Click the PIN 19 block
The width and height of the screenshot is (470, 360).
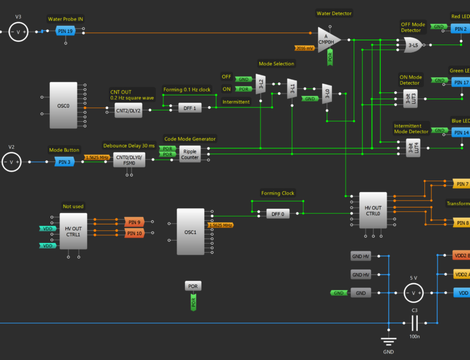(65, 31)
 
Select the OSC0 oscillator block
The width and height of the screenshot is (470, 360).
(63, 105)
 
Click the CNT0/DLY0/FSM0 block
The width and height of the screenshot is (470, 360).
(129, 161)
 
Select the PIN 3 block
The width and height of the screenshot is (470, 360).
(64, 161)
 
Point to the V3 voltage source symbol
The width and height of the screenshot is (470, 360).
(18, 31)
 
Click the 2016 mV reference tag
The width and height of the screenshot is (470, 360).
(304, 48)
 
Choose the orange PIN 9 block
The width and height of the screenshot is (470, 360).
(134, 223)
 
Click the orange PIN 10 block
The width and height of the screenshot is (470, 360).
(134, 233)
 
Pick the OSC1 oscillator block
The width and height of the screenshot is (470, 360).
(191, 232)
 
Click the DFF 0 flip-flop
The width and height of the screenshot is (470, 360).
(277, 214)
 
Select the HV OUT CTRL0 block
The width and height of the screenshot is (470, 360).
(373, 210)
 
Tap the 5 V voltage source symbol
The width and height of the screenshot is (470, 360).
(412, 293)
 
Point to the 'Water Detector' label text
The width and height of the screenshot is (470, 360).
(334, 13)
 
